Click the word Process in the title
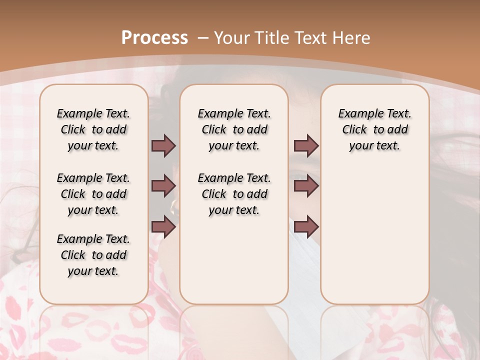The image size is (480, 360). [x=154, y=37]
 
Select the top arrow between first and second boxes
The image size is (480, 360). [x=163, y=145]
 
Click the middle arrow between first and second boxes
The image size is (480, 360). [x=163, y=186]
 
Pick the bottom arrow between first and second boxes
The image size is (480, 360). [x=163, y=226]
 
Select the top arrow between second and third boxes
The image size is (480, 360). [x=306, y=145]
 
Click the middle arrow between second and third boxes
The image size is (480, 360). [x=306, y=186]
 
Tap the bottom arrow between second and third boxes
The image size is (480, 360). [x=306, y=226]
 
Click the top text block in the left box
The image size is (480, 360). [x=93, y=129]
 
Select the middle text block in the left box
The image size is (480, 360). [x=93, y=194]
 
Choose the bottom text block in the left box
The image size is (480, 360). [x=93, y=255]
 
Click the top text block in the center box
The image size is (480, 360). [x=234, y=129]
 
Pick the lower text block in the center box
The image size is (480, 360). [x=234, y=194]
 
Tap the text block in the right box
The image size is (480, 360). [x=374, y=129]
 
